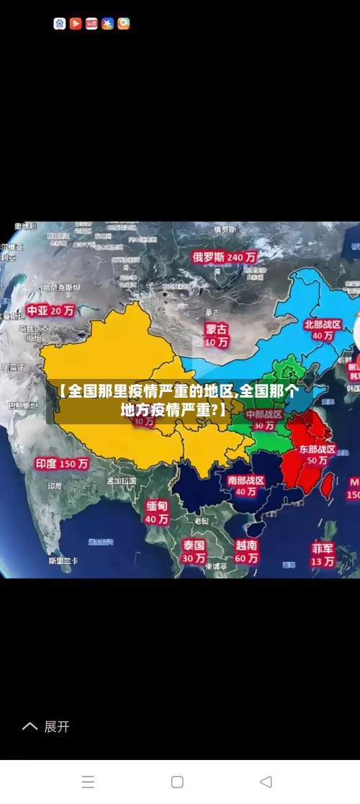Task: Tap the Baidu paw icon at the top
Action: point(60,24)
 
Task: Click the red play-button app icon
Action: point(76,24)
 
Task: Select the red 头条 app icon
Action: point(91,24)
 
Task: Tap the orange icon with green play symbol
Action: point(123,24)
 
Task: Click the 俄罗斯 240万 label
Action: point(224,256)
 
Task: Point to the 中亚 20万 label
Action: point(51,311)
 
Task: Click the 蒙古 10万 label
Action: point(216,336)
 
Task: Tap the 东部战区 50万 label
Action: point(318,455)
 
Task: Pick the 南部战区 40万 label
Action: point(246,486)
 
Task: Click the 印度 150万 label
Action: point(62,464)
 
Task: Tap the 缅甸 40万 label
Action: point(157,512)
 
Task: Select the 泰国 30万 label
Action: point(194,551)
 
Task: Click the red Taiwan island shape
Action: point(326,486)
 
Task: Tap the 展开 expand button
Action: point(48,726)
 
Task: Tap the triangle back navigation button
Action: point(266,782)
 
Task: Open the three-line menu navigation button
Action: point(88,782)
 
